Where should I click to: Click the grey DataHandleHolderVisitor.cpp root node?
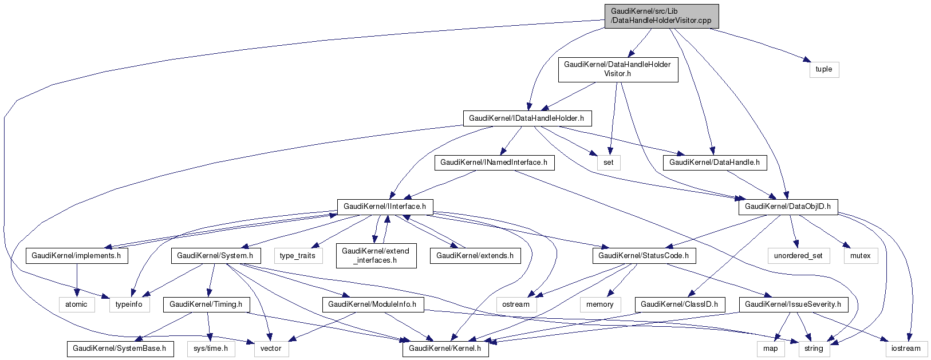[661, 16]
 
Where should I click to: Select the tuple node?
[824, 69]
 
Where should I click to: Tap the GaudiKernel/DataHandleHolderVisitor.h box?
[617, 69]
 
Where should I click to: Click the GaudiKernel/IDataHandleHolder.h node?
[526, 118]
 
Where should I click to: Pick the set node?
[608, 163]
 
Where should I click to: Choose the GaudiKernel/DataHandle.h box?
[714, 163]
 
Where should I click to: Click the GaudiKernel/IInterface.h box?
[385, 206]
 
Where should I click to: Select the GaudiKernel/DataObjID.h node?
[787, 206]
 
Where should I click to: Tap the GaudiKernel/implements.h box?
[76, 256]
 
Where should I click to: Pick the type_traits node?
[298, 256]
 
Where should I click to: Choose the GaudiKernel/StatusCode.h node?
[644, 256]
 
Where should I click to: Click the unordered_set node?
[798, 256]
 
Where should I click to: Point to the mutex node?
[860, 256]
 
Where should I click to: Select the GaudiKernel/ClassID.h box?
[679, 304]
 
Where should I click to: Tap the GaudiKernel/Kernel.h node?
[445, 348]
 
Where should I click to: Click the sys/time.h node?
[211, 348]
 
